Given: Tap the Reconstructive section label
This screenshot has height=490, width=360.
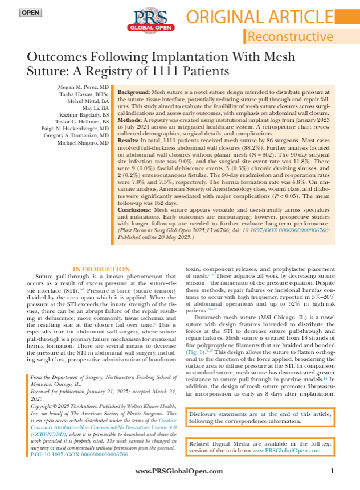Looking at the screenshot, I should coord(291,37).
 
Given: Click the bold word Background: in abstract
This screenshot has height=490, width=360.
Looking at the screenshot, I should coord(134,92).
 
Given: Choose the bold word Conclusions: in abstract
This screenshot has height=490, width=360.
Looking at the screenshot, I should coord(135,209).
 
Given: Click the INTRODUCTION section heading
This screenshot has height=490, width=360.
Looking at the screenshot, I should coord(101,269).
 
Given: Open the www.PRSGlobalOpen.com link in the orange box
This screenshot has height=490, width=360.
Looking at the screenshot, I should coord(287,450).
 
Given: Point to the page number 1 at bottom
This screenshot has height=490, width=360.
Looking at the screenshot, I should coord(332,471).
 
